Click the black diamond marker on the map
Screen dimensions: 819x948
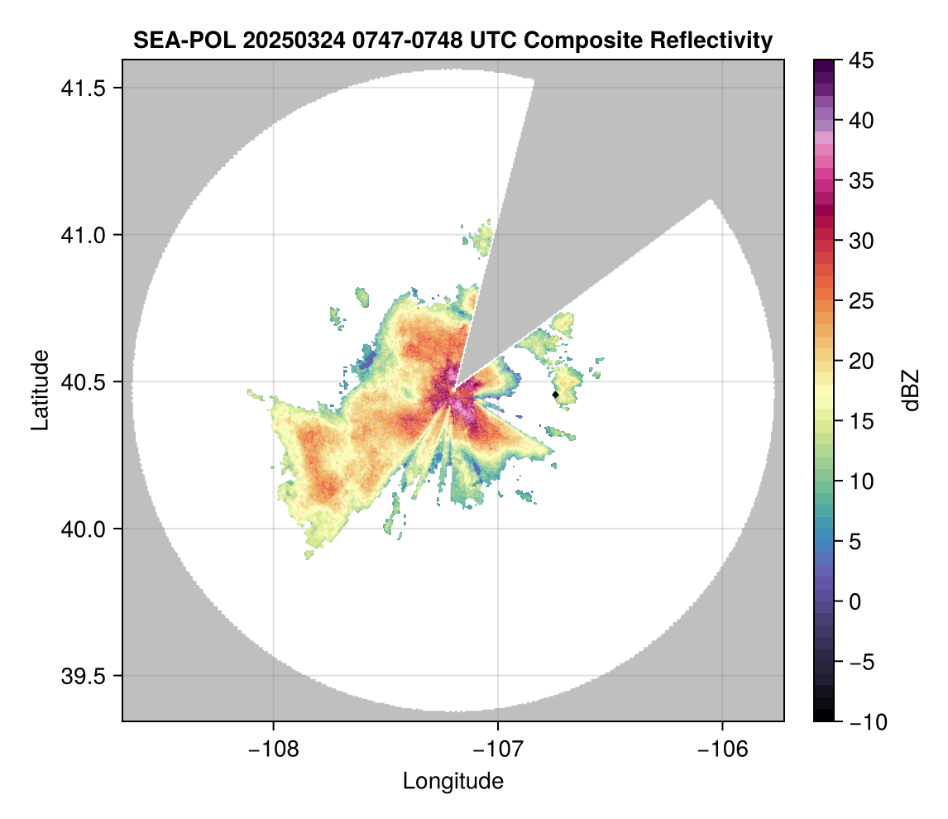click(x=556, y=395)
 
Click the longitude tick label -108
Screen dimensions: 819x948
click(x=272, y=749)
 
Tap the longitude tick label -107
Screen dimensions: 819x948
click(x=498, y=749)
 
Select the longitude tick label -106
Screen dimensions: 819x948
click(x=723, y=749)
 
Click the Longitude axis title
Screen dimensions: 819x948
click(x=453, y=780)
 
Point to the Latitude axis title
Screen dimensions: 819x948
click(x=40, y=390)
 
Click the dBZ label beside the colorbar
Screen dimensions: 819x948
click(x=911, y=390)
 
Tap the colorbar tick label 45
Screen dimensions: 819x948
click(x=861, y=61)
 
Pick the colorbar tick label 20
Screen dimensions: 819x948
click(x=861, y=362)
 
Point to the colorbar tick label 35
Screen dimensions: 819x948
click(x=861, y=181)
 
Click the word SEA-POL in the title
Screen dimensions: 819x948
click(x=184, y=40)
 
